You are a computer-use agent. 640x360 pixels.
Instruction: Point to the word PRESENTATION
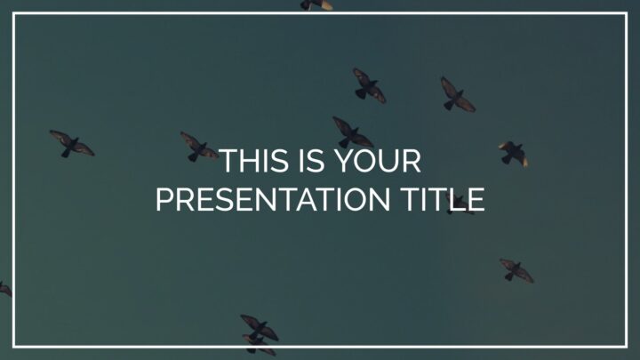pos(273,199)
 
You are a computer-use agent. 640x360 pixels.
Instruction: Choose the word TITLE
pos(443,199)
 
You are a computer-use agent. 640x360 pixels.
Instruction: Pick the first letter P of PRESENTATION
pos(164,199)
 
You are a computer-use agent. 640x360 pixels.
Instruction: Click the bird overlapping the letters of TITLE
pos(460,204)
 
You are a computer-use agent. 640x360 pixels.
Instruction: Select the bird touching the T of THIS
pos(199,147)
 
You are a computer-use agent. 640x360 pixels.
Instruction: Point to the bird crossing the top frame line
pos(316,4)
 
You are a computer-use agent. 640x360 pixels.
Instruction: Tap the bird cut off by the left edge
pos(5,289)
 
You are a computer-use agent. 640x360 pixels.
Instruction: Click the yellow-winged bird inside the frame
pos(514,154)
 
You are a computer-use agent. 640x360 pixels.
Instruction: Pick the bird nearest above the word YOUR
pos(352,132)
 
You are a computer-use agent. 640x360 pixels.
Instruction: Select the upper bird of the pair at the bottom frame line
pos(260,326)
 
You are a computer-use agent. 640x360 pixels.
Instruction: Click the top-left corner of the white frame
pos(14,14)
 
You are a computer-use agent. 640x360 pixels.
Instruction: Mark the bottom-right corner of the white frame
pos(626,347)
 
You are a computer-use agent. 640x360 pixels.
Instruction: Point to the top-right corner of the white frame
pos(626,14)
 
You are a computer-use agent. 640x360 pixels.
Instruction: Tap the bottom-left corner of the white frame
pos(14,347)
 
